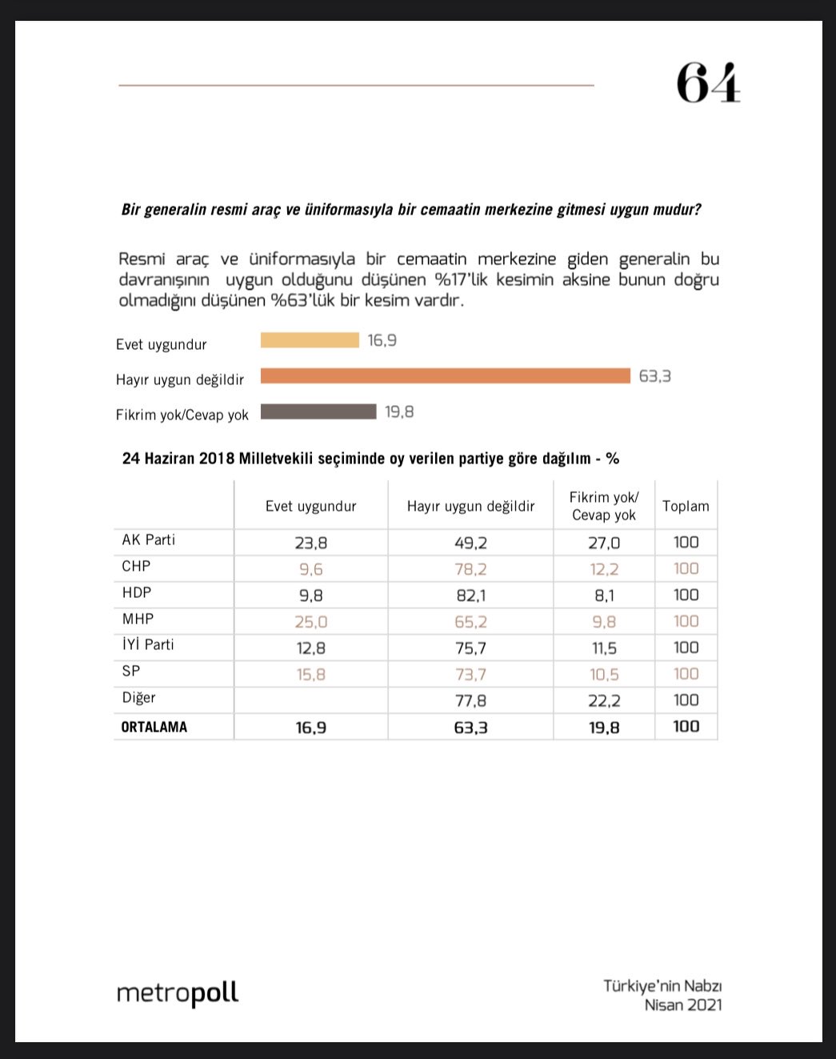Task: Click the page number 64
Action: (x=708, y=82)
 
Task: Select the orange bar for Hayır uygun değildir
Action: (x=445, y=375)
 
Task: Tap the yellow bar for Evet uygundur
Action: (x=310, y=340)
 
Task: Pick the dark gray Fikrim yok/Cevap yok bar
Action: (x=318, y=411)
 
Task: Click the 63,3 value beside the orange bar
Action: (x=654, y=376)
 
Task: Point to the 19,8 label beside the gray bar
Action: (x=399, y=412)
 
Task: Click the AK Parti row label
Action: (x=148, y=540)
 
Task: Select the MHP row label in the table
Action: (x=138, y=619)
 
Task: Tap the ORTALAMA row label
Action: (x=154, y=727)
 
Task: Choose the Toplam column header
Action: (x=686, y=506)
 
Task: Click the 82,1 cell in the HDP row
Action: (x=470, y=596)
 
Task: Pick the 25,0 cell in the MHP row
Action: (x=310, y=622)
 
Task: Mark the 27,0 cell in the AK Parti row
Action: (x=604, y=543)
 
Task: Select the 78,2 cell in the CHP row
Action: (x=470, y=569)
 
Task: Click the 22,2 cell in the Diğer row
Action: (x=604, y=700)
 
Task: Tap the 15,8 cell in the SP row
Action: (x=310, y=675)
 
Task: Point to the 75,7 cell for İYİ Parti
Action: (x=470, y=648)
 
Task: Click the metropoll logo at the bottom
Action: (x=178, y=993)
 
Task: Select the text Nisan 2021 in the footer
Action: (x=683, y=1005)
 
